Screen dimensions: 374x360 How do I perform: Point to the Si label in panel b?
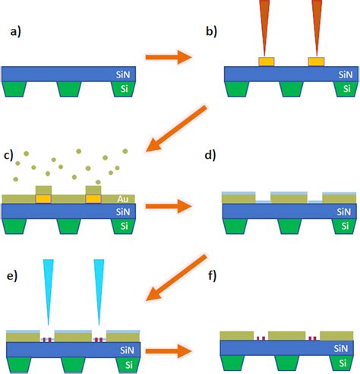click(x=344, y=90)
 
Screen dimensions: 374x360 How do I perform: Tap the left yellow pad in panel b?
click(x=267, y=61)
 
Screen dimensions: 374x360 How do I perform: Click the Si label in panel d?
click(x=343, y=226)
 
